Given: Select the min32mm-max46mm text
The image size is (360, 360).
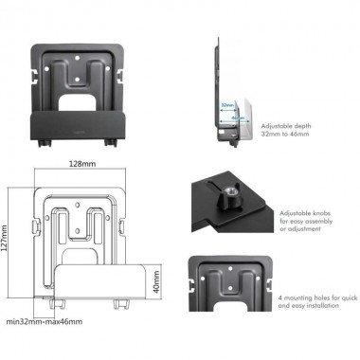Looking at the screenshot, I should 42,322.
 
